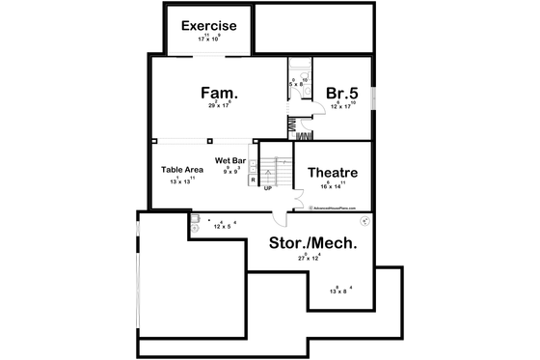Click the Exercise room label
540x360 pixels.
pyautogui.click(x=209, y=25)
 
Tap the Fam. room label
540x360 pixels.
pyautogui.click(x=219, y=93)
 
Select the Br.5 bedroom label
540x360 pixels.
pyautogui.click(x=342, y=93)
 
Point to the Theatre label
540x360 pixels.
pyautogui.click(x=333, y=173)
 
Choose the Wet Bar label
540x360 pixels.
pyautogui.click(x=231, y=159)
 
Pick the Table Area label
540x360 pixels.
pyautogui.click(x=181, y=169)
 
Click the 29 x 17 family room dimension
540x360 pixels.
pyautogui.click(x=219, y=105)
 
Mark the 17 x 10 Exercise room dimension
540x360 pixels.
pyautogui.click(x=209, y=38)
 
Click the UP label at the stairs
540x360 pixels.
pyautogui.click(x=268, y=187)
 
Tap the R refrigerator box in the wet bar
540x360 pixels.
pyautogui.click(x=252, y=180)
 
